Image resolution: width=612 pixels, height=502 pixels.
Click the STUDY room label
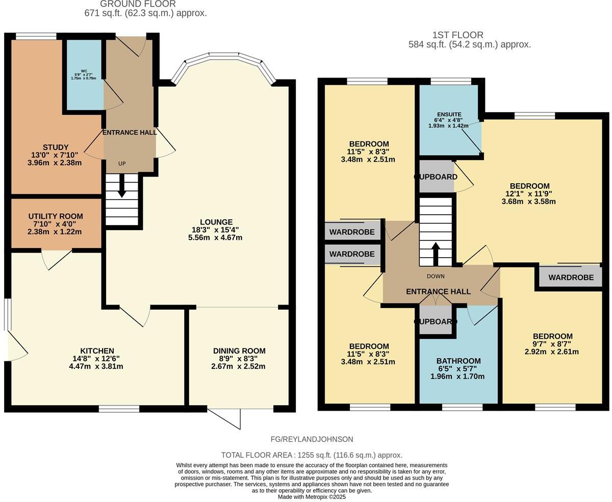click(x=56, y=147)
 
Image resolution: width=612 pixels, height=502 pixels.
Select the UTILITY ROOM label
click(x=56, y=216)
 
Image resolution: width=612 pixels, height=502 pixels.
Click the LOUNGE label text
click(x=216, y=222)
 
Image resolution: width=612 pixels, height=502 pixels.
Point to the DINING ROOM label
click(x=239, y=351)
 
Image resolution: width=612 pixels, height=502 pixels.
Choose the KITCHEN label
click(x=97, y=351)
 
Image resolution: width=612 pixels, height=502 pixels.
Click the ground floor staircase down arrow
click(x=122, y=190)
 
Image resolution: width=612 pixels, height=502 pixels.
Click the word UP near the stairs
click(x=122, y=164)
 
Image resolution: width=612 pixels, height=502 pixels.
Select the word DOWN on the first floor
click(x=436, y=277)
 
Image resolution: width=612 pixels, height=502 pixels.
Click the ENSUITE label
click(x=449, y=115)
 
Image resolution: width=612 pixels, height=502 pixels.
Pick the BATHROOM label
click(x=458, y=361)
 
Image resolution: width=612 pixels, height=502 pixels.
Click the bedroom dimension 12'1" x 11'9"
click(x=529, y=194)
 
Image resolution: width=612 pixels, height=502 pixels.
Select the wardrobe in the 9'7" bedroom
click(x=571, y=278)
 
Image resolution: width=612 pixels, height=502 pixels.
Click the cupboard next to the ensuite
click(x=436, y=177)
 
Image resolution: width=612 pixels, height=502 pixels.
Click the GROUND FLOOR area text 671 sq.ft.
click(x=145, y=13)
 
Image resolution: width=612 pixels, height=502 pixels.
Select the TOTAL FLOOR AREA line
click(x=312, y=455)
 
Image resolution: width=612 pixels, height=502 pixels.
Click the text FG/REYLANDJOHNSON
click(x=312, y=439)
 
